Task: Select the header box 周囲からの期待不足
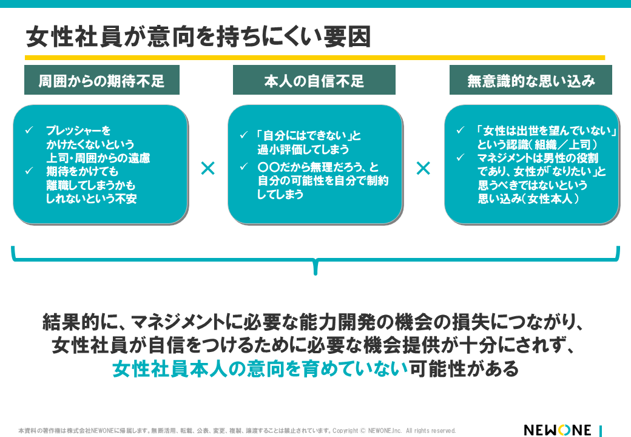click(x=102, y=80)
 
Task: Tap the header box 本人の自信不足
click(x=314, y=80)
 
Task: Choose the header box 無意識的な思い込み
click(x=531, y=80)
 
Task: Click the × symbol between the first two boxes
click(x=208, y=168)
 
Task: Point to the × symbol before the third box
click(x=423, y=168)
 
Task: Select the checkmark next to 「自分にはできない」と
click(x=244, y=135)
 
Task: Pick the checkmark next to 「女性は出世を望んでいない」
click(x=461, y=130)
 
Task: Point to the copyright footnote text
click(x=237, y=431)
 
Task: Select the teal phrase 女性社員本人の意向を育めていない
click(x=260, y=368)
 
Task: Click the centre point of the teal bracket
click(x=315, y=266)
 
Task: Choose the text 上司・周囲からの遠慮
click(x=98, y=158)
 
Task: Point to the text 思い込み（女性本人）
click(x=528, y=198)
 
